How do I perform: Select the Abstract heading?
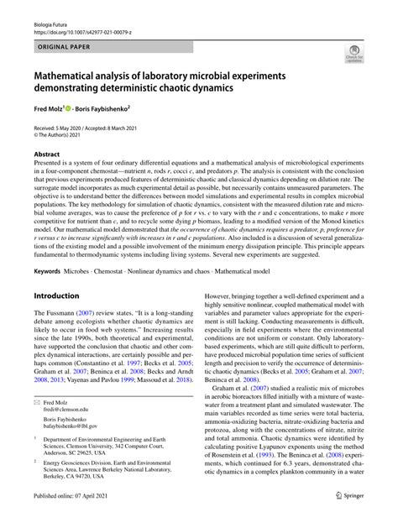(46, 154)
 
